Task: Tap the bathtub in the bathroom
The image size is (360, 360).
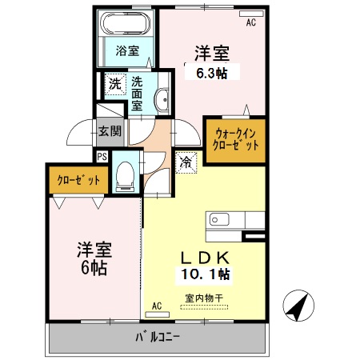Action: [x=126, y=23]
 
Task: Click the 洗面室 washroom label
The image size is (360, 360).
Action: [x=138, y=92]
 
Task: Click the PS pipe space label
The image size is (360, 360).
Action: [x=102, y=157]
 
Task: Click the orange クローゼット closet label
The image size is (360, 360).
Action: [x=78, y=180]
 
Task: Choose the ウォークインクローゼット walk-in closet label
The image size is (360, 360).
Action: [x=234, y=140]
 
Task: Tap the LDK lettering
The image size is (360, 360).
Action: [x=203, y=258]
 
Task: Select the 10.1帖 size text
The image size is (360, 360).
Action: [x=203, y=274]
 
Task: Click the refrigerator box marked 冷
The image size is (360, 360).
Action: [x=185, y=161]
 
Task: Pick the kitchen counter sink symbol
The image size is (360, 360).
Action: [x=219, y=219]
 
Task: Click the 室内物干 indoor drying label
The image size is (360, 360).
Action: [x=204, y=298]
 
